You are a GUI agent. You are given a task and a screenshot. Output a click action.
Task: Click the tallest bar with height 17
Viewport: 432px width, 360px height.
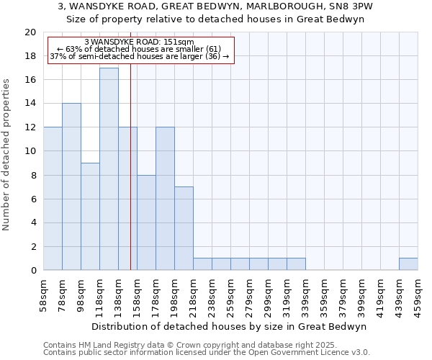[x=109, y=169]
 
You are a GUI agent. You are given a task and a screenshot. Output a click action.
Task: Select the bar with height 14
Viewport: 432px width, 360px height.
[x=71, y=187]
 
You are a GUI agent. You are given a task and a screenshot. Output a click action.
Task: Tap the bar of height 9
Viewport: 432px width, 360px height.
[x=90, y=217]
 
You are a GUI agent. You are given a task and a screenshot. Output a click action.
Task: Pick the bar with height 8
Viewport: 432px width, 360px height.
[x=146, y=222]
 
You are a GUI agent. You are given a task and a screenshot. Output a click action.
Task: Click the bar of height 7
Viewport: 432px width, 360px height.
[x=184, y=228]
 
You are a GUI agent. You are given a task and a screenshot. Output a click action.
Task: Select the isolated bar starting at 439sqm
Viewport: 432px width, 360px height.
[x=408, y=264]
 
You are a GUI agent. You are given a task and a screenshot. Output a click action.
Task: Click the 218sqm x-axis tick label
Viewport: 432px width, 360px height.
[x=193, y=295]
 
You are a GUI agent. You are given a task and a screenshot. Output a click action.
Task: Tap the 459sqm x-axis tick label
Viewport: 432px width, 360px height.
[x=418, y=295]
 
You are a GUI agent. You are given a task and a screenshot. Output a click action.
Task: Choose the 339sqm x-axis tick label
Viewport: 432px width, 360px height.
[x=305, y=295]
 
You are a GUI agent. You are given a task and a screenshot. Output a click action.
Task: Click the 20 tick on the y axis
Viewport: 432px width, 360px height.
[x=30, y=32]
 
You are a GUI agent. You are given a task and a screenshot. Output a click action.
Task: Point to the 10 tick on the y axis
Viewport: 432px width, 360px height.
[x=30, y=151]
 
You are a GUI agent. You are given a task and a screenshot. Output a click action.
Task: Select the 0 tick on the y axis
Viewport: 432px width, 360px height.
[x=32, y=271]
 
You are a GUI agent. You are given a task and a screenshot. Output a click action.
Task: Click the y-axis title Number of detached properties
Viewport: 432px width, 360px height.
[x=7, y=156]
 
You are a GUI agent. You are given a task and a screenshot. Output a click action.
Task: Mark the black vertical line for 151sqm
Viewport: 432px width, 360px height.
[x=130, y=180]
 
